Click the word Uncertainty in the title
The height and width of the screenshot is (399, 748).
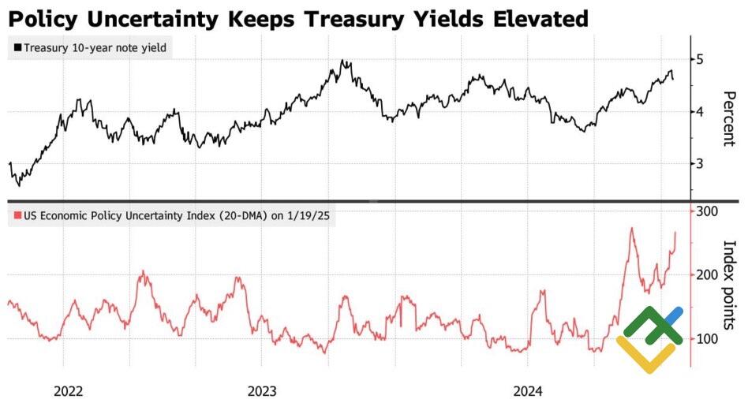168,17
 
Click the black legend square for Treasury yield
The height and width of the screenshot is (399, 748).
17,48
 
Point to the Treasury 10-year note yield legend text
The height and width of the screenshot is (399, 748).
95,48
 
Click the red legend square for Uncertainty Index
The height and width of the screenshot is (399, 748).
17,216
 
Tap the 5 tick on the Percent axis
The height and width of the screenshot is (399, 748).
699,59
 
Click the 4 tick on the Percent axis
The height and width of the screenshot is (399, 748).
699,111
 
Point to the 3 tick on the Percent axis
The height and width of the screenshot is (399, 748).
699,163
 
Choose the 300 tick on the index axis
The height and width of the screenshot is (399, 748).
706,211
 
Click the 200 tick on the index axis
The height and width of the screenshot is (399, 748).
706,274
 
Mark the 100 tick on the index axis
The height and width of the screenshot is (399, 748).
706,339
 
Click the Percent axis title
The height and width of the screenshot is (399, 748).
728,118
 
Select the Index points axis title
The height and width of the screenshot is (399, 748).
728,285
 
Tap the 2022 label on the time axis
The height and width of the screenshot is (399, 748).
69,390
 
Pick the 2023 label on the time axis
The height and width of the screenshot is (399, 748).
262,390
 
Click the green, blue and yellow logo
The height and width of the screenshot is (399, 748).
649,339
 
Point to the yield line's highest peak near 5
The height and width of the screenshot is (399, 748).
342,60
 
